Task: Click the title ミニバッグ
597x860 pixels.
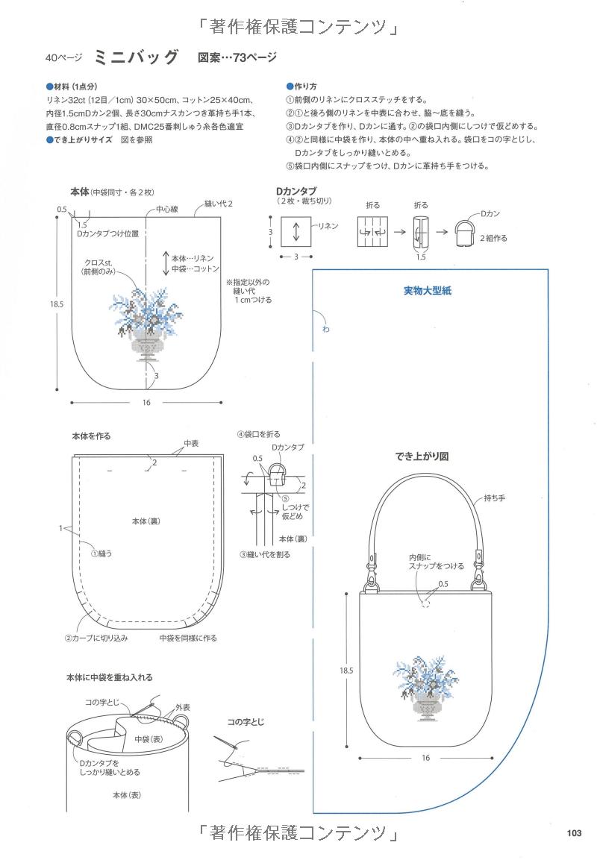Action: tap(137, 57)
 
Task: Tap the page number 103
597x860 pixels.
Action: tap(573, 833)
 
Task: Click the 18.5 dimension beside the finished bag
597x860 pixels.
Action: tap(346, 671)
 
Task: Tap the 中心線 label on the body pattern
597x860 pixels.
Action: tap(167, 211)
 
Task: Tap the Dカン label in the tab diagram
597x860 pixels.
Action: tap(490, 214)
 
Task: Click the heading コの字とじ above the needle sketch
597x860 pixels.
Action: tap(246, 722)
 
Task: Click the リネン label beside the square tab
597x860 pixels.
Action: tap(328, 225)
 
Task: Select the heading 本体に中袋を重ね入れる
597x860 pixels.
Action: tap(110, 677)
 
